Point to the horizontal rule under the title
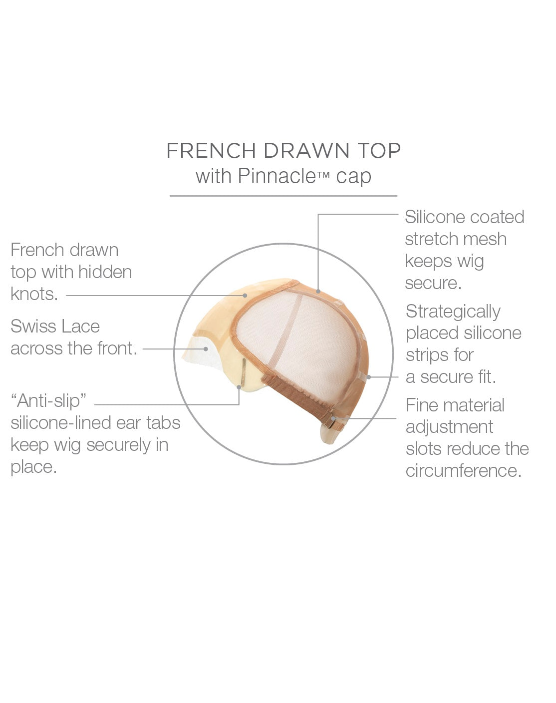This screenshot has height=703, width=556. coord(283,196)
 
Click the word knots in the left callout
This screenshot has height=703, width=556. coord(34,294)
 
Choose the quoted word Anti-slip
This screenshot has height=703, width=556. coord(49,400)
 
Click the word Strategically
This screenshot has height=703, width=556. coord(453,312)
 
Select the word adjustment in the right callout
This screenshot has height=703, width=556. coord(449,427)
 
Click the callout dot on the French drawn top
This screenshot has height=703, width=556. coord(245,295)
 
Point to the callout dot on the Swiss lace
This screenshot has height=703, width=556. coord(206,349)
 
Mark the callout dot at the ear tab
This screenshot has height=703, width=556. coord(239,387)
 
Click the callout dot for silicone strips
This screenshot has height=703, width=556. coord(369,377)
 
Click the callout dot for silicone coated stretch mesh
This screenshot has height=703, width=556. coord(318,291)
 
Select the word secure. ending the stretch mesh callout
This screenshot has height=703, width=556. coord(433,283)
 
